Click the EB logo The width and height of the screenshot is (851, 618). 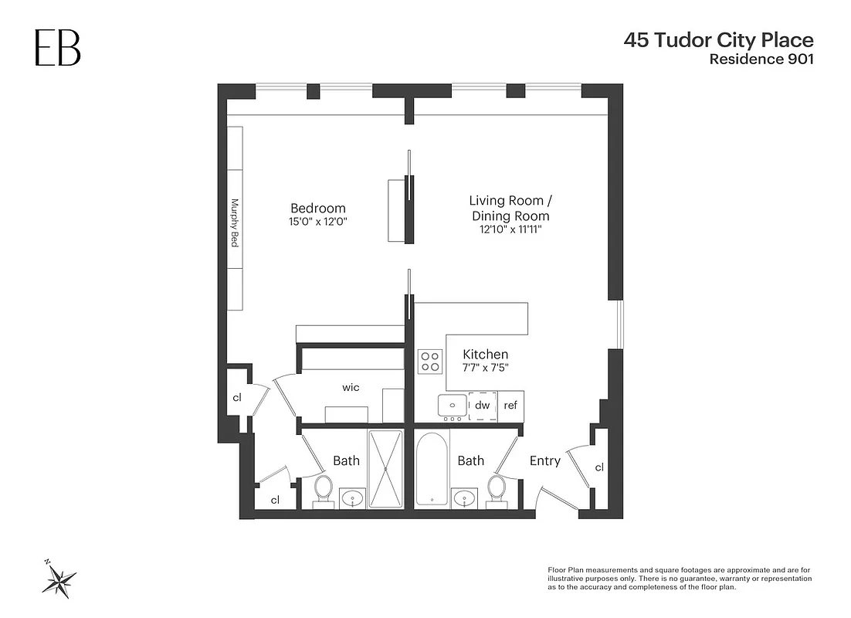click(57, 49)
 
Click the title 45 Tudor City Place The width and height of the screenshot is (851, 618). click(718, 40)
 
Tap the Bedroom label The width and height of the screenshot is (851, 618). click(317, 208)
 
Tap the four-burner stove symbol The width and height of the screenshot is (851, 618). click(430, 362)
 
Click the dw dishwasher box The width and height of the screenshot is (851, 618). click(482, 406)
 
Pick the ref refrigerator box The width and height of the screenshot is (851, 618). click(510, 406)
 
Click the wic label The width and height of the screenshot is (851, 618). click(351, 387)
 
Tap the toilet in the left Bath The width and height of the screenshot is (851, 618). click(324, 488)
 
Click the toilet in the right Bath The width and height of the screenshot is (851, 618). click(497, 488)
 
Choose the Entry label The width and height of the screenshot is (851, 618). click(544, 461)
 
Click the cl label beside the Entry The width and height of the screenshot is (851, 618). click(599, 468)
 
